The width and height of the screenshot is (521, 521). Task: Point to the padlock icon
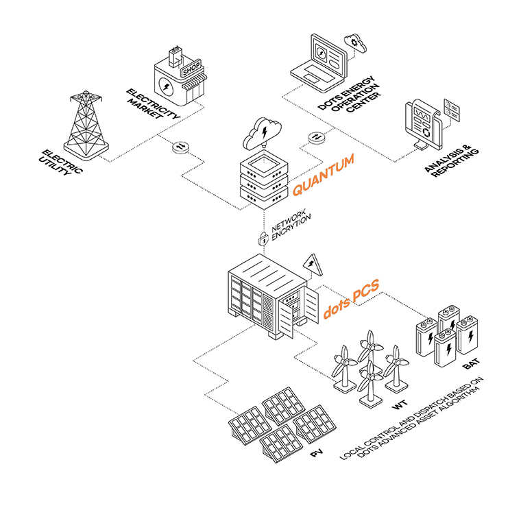[x=263, y=239]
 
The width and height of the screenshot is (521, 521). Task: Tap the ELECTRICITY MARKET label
[x=153, y=105]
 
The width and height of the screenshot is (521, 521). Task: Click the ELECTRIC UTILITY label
[x=62, y=162]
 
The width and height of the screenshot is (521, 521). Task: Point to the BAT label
[x=471, y=363]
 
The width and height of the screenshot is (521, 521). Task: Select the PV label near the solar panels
[x=316, y=453]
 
